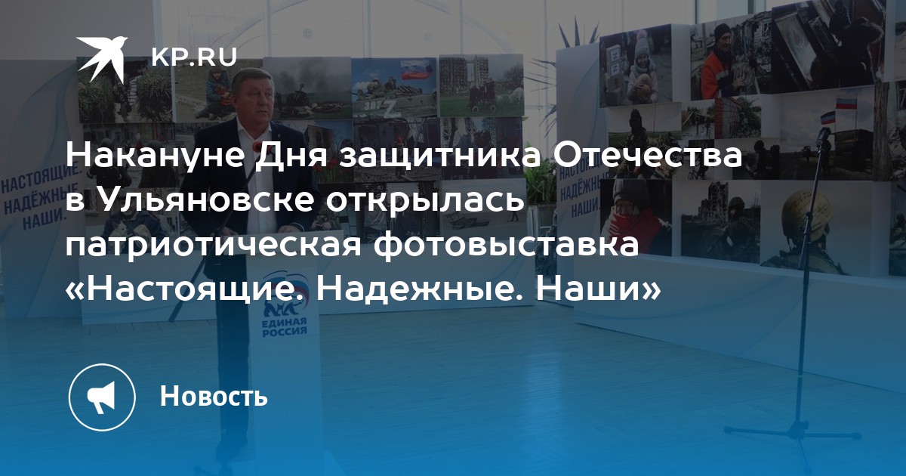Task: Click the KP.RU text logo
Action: pyautogui.click(x=194, y=57)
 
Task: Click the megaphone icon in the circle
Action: pyautogui.click(x=101, y=397)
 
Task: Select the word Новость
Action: pyautogui.click(x=214, y=396)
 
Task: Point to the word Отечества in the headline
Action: pyautogui.click(x=647, y=156)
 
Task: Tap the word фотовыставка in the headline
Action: pyautogui.click(x=505, y=246)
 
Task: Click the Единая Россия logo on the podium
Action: pyautogui.click(x=285, y=320)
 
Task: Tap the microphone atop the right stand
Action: pyautogui.click(x=823, y=137)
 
